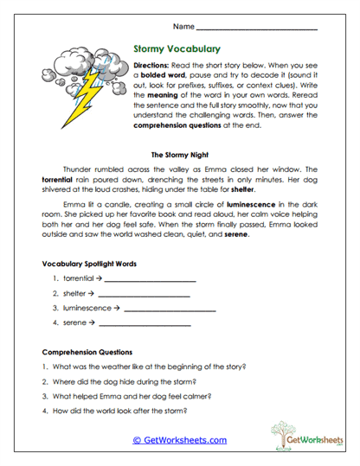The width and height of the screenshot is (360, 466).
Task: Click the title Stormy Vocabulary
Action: pos(177,49)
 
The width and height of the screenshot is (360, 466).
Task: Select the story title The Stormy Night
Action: pos(179,155)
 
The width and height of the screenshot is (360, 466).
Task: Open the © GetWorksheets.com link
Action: pos(179,440)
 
